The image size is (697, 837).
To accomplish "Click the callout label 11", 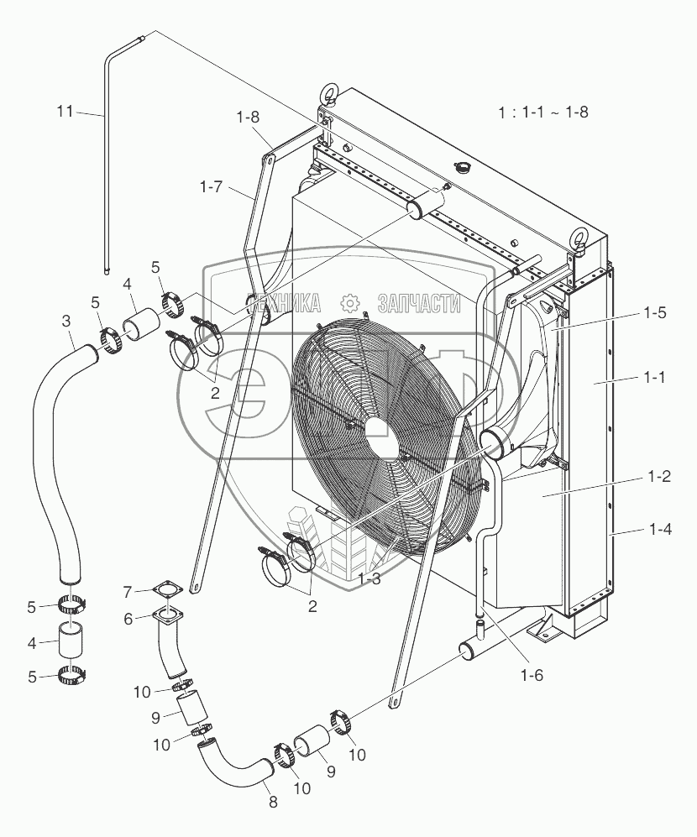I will click(x=64, y=111).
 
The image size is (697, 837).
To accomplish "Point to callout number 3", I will click(x=66, y=322).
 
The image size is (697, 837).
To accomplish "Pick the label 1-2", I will click(x=658, y=476).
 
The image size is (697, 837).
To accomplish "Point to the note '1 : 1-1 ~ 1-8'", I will click(x=542, y=112).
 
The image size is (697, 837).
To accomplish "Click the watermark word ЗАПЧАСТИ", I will click(x=420, y=303).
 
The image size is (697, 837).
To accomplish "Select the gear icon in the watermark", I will click(x=350, y=303).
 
